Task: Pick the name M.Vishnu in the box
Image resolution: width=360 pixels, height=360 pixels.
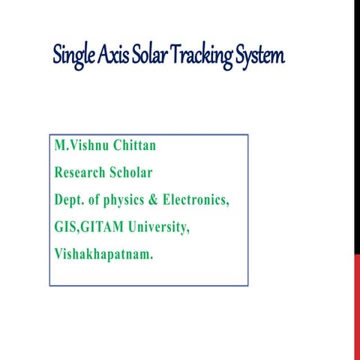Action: [85, 145]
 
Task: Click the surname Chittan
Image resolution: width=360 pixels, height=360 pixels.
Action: [145, 145]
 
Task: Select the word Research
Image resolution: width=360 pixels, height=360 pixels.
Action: [82, 172]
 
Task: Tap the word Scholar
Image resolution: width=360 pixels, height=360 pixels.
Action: [132, 172]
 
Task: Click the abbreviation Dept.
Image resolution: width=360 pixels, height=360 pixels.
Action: [70, 199]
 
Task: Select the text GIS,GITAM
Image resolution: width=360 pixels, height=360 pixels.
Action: [88, 226]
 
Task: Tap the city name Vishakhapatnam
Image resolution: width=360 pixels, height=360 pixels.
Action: [103, 254]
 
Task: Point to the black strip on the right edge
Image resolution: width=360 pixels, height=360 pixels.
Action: [357, 127]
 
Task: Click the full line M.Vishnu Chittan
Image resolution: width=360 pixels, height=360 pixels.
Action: [114, 145]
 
